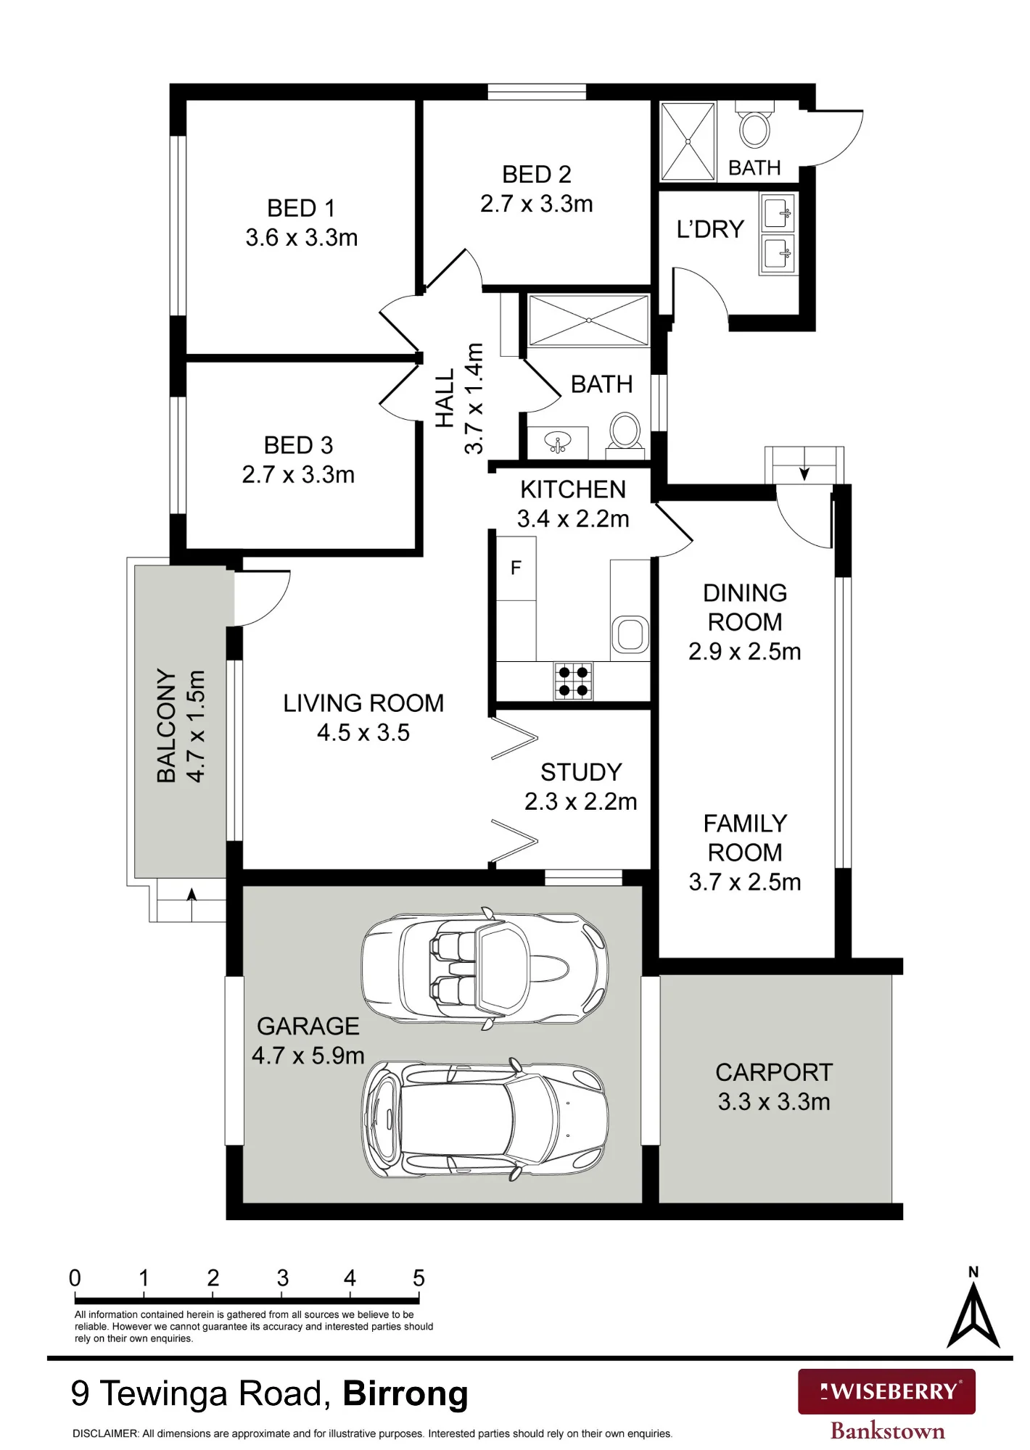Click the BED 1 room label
coord(301,208)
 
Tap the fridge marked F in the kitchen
coord(516,568)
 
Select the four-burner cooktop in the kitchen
coord(573,681)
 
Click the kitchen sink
coord(630,634)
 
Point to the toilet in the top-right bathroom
coord(755,125)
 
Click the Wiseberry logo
coord(886,1391)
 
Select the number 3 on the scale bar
coord(282,1277)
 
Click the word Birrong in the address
coord(405,1393)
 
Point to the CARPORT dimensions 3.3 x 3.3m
coord(774,1101)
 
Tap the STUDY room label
coord(581,772)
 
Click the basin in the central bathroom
coord(557,442)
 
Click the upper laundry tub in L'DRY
coord(777,212)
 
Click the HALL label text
coord(445,398)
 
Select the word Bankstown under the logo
coord(887,1431)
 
